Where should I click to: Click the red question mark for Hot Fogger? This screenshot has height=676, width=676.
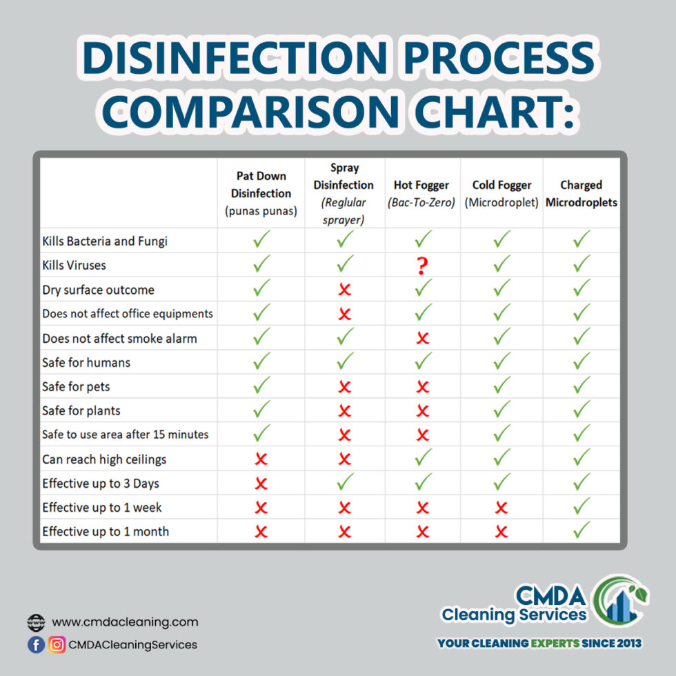pos(423,266)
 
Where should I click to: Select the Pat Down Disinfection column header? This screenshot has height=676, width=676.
pos(261,193)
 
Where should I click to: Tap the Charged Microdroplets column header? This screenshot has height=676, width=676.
pos(581,194)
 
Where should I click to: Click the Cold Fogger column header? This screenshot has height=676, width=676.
pos(501,194)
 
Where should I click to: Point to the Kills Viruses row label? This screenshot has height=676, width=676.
pos(74,266)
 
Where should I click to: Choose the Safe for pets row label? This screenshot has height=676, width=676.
pos(76,386)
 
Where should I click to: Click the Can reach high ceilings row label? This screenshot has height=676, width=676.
pos(104,459)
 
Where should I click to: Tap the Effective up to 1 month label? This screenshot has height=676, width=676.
pos(106,531)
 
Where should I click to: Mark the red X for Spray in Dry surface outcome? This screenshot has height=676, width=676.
pos(344,290)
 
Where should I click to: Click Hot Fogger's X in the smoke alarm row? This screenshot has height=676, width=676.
pos(423,338)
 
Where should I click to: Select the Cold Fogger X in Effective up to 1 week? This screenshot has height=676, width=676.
pos(501,508)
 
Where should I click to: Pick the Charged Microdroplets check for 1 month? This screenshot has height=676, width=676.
pos(581,530)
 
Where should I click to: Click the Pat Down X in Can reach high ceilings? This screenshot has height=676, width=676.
pos(261,459)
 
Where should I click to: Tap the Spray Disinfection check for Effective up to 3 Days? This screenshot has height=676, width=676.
pos(344,482)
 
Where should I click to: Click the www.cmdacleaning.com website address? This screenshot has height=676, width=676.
pos(125,622)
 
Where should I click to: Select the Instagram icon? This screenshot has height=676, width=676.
pos(57,644)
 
